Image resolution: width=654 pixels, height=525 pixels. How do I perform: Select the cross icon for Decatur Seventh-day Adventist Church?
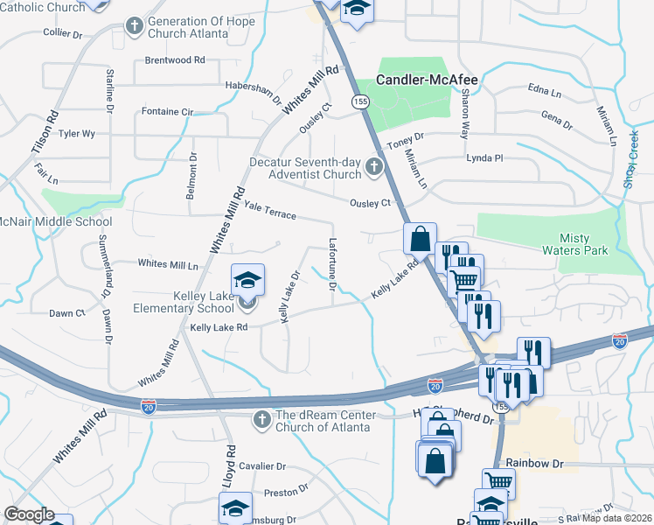[374, 166]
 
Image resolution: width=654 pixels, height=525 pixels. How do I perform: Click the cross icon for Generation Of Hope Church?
[135, 25]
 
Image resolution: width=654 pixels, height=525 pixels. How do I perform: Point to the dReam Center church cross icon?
[261, 420]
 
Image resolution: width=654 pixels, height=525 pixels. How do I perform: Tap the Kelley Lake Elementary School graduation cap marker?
[247, 281]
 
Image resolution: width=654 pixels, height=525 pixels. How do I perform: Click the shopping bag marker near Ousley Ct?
[420, 237]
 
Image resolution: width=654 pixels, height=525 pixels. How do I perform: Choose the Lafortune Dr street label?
[332, 265]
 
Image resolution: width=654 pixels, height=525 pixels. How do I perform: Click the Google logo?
[29, 514]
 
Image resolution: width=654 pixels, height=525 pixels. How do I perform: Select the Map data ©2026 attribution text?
[616, 518]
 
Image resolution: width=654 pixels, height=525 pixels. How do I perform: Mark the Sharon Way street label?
[465, 118]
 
